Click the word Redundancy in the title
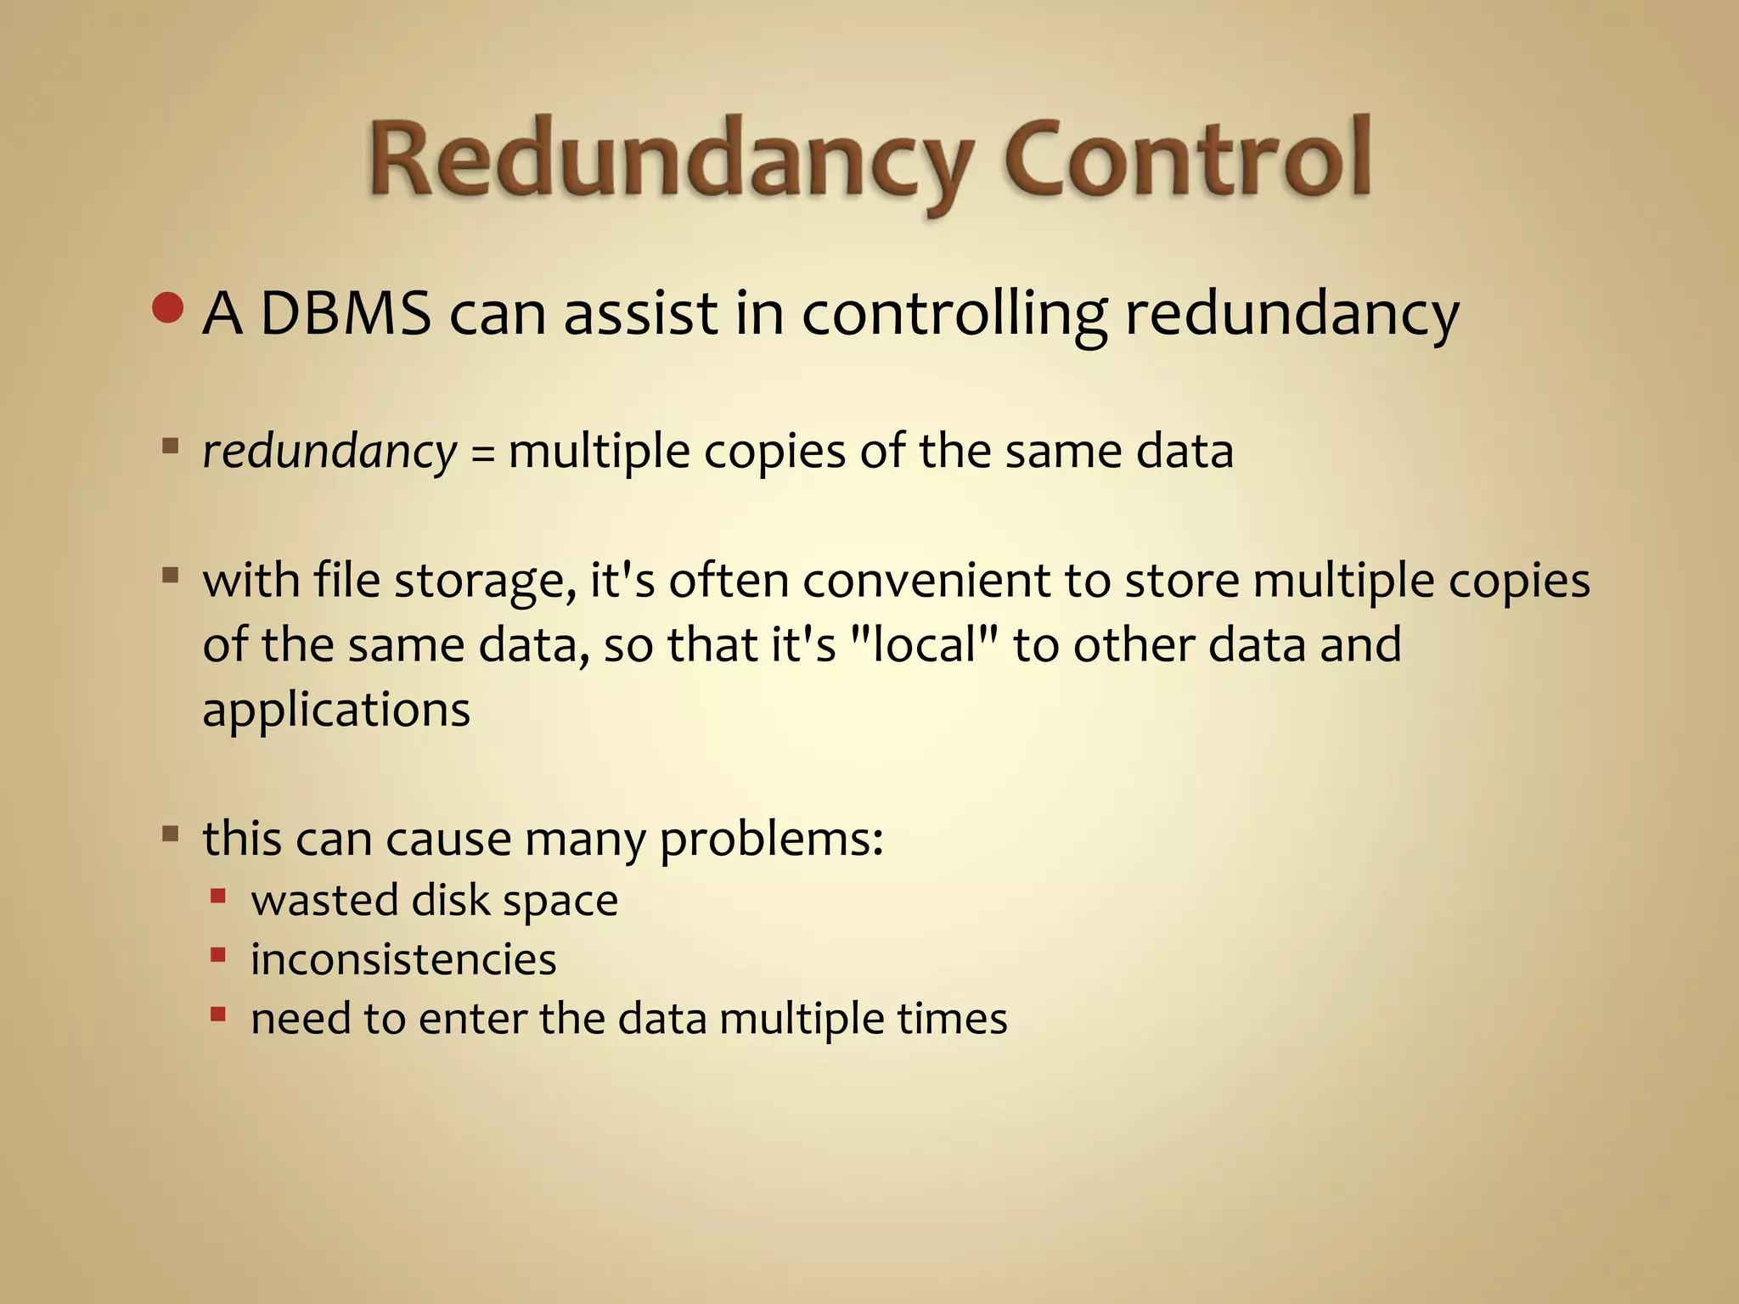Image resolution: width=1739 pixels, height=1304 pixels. pyautogui.click(x=671, y=161)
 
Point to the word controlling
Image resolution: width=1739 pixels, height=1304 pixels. pyautogui.click(x=954, y=314)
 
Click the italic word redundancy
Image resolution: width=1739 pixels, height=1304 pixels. pyautogui.click(x=329, y=452)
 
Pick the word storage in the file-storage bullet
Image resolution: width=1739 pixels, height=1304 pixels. pyautogui.click(x=484, y=582)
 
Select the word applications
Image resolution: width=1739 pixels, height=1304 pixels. pyautogui.click(x=336, y=710)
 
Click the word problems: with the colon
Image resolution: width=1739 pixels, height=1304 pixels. pyautogui.click(x=771, y=840)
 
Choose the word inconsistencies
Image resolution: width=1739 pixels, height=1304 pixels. pyautogui.click(x=403, y=960)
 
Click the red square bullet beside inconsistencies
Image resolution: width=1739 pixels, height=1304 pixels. pyautogui.click(x=218, y=955)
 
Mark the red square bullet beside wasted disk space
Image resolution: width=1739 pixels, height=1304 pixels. pyautogui.click(x=218, y=895)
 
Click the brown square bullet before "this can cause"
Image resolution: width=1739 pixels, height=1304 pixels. pyautogui.click(x=171, y=834)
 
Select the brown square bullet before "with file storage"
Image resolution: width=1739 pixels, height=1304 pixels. pyautogui.click(x=171, y=576)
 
